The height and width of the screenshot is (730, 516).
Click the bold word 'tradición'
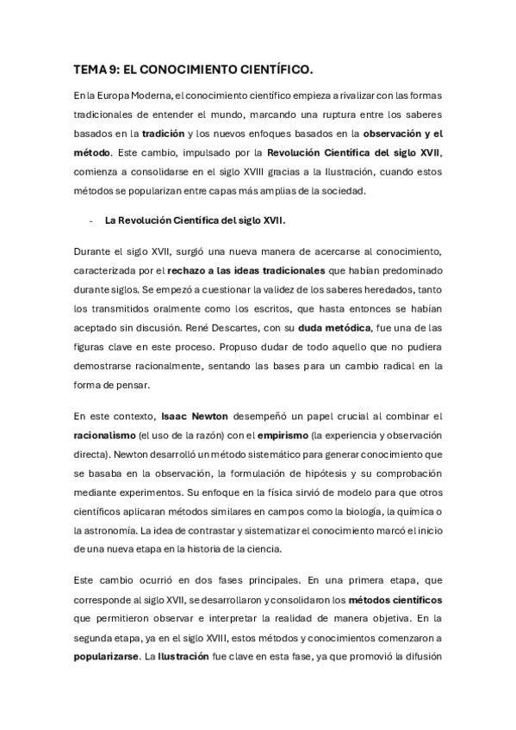point(165,133)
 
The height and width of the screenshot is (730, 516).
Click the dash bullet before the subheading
point(90,220)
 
